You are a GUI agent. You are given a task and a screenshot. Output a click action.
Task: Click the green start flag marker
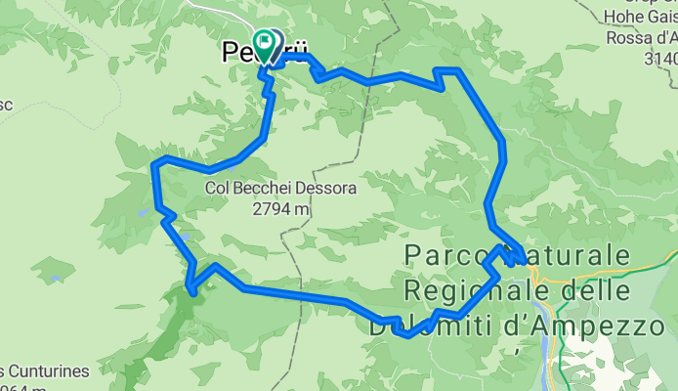(264, 42)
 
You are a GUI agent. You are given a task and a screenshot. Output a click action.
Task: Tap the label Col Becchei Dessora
(267, 188)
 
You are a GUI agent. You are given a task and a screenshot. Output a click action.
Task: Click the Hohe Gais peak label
(636, 13)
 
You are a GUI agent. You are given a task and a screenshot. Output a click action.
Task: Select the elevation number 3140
(660, 58)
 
